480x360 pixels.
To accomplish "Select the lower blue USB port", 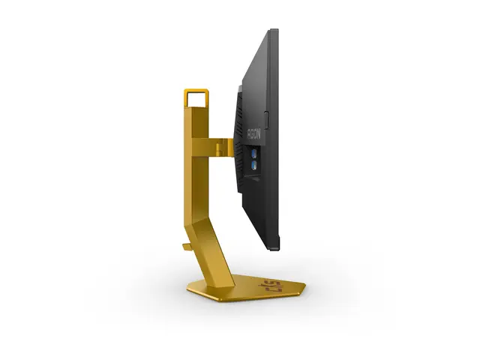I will click(254, 163).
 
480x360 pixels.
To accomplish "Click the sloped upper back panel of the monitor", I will click(259, 75).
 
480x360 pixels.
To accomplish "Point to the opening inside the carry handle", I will click(196, 98).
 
